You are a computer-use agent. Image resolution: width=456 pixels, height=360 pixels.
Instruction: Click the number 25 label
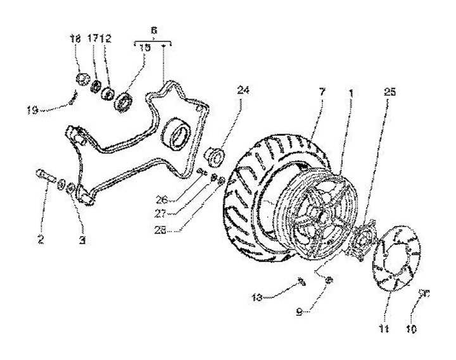(389, 92)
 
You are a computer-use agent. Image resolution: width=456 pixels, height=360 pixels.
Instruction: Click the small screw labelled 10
(424, 292)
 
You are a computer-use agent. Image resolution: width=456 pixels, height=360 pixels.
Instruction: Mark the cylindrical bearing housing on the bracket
(177, 134)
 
